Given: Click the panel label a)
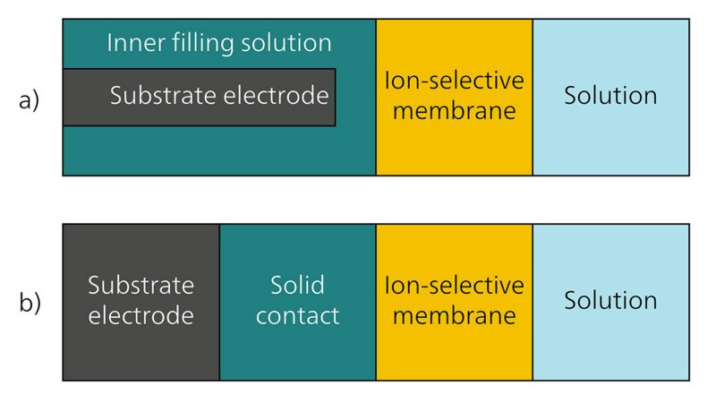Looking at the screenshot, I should (x=30, y=99).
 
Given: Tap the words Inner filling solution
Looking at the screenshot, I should (x=219, y=43).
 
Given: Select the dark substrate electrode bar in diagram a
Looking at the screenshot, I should (x=199, y=97).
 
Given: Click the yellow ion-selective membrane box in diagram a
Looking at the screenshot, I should (x=454, y=134).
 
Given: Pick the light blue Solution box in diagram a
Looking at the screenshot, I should (x=610, y=134).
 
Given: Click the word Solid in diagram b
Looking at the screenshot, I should (x=297, y=287).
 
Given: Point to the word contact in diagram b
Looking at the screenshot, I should (x=297, y=316).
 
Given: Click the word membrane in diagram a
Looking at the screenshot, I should (x=454, y=111).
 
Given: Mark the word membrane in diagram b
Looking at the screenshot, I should (x=454, y=316).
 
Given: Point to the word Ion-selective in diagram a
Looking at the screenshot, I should (x=454, y=81).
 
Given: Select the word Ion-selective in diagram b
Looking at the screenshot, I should (x=454, y=287).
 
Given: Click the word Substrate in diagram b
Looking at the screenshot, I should (x=141, y=287).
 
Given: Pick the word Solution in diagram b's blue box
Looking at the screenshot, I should (x=610, y=301).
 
